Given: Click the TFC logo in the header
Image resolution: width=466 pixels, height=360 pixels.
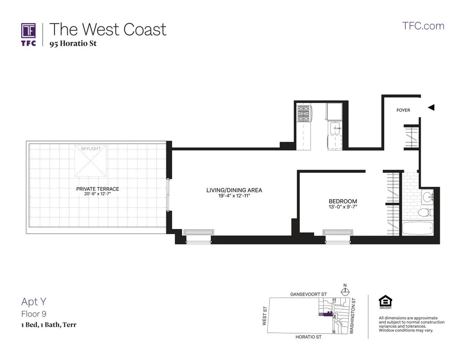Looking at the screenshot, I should click(28, 34).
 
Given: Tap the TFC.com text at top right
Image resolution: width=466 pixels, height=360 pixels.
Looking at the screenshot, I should click(423, 26).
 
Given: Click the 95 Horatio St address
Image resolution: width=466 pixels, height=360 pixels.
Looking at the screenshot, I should click(73, 43).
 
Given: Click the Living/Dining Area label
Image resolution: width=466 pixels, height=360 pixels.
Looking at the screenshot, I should click(234, 190).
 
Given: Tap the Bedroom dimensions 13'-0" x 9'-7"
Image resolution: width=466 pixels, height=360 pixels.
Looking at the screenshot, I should click(343, 207).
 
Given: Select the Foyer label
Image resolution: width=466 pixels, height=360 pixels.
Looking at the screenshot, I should click(403, 110).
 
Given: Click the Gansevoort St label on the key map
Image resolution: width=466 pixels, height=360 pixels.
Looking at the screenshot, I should click(306, 295).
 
